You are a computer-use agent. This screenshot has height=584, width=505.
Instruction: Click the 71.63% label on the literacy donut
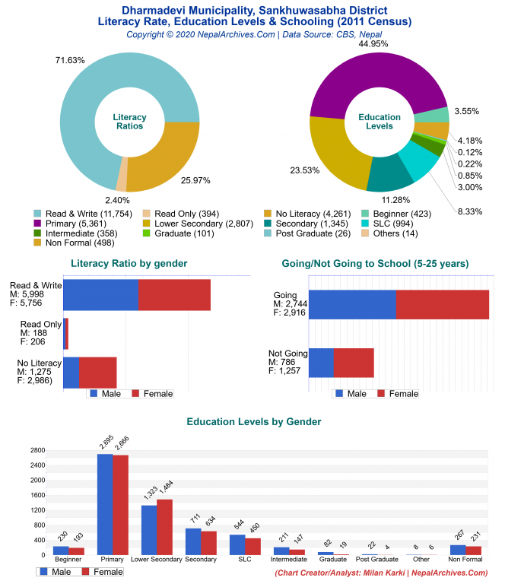(69, 59)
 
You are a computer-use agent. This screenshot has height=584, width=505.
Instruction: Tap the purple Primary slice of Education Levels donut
(357, 84)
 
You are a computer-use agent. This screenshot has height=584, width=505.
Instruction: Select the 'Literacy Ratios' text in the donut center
(129, 122)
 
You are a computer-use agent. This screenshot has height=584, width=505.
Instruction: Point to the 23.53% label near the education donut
(304, 170)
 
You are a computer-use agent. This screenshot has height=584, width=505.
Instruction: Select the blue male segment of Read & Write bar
(100, 294)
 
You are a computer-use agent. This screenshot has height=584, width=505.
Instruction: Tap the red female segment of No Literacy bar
(97, 372)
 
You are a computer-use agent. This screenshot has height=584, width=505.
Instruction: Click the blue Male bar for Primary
(104, 504)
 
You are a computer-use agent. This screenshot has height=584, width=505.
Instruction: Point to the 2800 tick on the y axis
(37, 450)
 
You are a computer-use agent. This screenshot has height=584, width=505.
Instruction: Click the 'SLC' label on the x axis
(245, 560)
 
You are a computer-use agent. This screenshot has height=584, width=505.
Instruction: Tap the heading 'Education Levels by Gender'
(253, 421)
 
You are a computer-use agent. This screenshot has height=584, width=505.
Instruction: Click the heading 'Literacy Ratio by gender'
(129, 263)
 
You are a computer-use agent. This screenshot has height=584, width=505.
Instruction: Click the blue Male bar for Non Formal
(457, 549)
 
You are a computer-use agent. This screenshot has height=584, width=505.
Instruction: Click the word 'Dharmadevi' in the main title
(154, 11)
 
